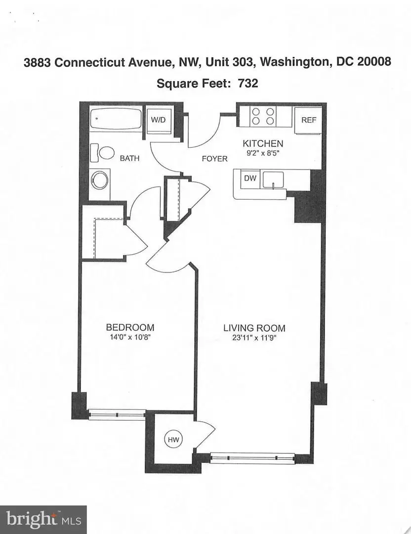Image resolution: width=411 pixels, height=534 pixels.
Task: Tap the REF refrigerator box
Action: (309, 120)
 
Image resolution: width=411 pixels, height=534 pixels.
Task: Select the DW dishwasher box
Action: (250, 178)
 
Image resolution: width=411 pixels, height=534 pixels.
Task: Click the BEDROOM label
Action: (130, 327)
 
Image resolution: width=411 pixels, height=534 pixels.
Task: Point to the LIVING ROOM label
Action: (254, 328)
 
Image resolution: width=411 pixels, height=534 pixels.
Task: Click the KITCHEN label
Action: (262, 143)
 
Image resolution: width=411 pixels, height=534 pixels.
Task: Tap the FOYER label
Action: (215, 159)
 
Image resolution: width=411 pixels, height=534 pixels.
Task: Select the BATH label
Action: (129, 159)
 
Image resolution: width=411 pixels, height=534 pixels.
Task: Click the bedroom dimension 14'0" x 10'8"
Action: (130, 338)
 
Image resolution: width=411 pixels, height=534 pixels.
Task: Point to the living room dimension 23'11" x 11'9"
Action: (254, 339)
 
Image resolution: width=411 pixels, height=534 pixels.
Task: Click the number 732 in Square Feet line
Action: (247, 83)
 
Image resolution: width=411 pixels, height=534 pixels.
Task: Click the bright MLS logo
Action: (43, 519)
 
